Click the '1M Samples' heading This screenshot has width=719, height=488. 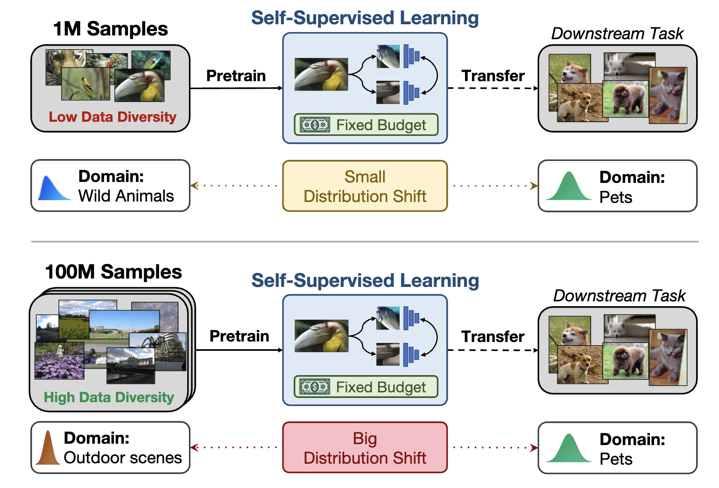click(x=110, y=29)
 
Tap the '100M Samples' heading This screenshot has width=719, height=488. click(x=113, y=272)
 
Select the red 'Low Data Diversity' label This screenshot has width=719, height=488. click(x=113, y=117)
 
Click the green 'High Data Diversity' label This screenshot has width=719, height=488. click(x=109, y=397)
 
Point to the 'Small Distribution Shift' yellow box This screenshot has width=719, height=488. click(x=365, y=186)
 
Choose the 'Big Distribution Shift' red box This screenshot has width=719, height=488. click(x=365, y=448)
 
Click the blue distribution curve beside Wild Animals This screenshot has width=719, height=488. click(x=52, y=188)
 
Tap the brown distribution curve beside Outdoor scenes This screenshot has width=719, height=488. click(x=48, y=449)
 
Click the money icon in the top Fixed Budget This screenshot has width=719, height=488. click(x=315, y=125)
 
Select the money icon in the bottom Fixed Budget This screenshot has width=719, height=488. click(x=315, y=387)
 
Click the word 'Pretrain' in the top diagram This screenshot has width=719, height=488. click(x=236, y=76)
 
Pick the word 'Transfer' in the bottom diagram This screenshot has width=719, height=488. click(x=493, y=336)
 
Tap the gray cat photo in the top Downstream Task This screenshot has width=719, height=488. click(x=668, y=96)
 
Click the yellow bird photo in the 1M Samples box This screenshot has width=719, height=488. click(x=85, y=84)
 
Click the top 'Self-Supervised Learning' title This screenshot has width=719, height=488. click(x=365, y=18)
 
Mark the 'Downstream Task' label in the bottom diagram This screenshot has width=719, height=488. click(x=619, y=296)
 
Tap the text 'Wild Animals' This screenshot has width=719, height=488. click(x=126, y=196)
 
